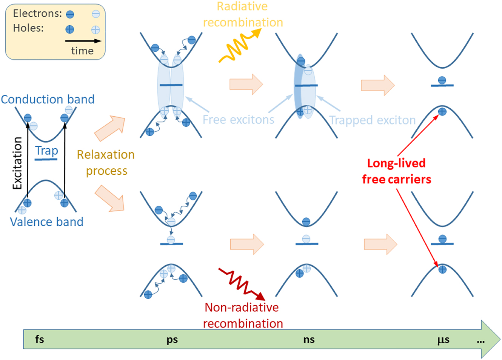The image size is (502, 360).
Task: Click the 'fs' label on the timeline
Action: point(40,339)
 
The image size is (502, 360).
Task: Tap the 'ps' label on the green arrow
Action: point(172,340)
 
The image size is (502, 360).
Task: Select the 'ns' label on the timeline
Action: point(309,340)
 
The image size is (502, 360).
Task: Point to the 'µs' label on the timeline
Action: point(443,340)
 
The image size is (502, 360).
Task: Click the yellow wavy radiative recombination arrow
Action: point(238,47)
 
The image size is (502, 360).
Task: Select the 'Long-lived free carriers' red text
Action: point(396,171)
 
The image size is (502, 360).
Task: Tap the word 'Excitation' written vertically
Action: point(17,163)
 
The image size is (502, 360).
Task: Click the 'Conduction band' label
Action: point(48,99)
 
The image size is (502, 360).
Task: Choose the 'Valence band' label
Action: point(46,222)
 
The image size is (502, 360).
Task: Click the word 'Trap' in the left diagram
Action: point(46,151)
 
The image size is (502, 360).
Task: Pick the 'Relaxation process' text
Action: point(106,163)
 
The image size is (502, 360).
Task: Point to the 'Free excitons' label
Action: point(238,120)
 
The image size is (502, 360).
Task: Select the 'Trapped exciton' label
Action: point(372,120)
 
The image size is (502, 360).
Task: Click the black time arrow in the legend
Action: point(83,41)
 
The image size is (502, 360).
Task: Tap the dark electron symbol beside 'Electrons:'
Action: point(70,14)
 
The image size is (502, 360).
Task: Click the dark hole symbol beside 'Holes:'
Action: point(70,29)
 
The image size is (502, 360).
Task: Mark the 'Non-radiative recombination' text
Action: point(242,315)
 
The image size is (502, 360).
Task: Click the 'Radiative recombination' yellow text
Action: point(243,14)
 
